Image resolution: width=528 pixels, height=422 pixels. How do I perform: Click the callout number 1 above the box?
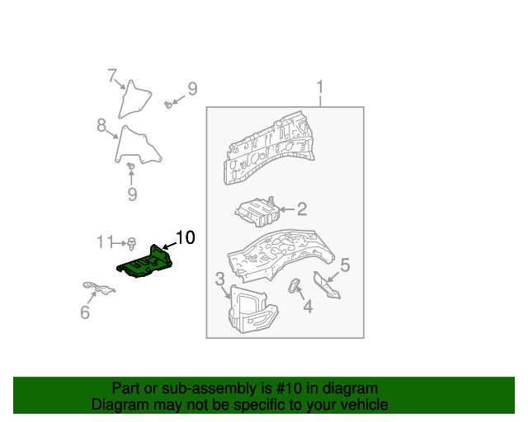pos(320,87)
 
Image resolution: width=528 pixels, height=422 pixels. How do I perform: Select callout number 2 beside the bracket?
pos(302,209)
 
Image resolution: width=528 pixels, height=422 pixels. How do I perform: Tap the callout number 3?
pos(220,279)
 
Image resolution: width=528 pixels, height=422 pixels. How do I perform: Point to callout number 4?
pos(308,307)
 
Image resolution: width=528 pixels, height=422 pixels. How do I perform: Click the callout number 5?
pos(345,265)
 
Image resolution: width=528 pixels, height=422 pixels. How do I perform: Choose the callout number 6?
pos(84,312)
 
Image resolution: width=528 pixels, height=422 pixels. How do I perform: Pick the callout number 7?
pos(112,76)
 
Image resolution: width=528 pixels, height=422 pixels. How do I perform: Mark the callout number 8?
pos(101,125)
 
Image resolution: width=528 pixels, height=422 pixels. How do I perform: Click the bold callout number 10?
pos(185,238)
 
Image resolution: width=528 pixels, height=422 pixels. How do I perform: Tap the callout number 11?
pos(104,241)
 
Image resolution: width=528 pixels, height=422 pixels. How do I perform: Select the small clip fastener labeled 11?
pos(131,242)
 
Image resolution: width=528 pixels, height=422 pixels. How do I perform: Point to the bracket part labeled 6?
pos(99,288)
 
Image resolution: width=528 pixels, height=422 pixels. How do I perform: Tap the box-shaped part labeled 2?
pos(257,212)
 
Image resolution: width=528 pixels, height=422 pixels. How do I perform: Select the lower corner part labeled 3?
pos(249,310)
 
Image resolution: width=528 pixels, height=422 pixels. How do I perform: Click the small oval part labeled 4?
pos(292,286)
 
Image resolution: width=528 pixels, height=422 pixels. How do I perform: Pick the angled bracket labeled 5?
pos(328,286)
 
